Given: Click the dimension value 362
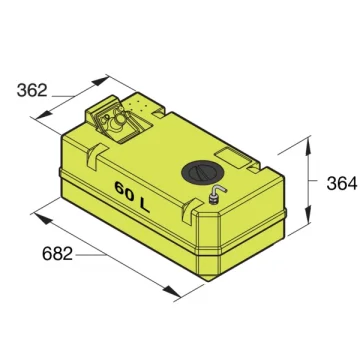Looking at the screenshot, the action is click(32, 90).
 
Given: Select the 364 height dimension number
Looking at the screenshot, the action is click(342, 184).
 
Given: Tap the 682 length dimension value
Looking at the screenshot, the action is click(57, 254).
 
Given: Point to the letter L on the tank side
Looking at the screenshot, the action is click(144, 206).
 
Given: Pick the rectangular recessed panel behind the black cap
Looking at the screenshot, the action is click(234, 158).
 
